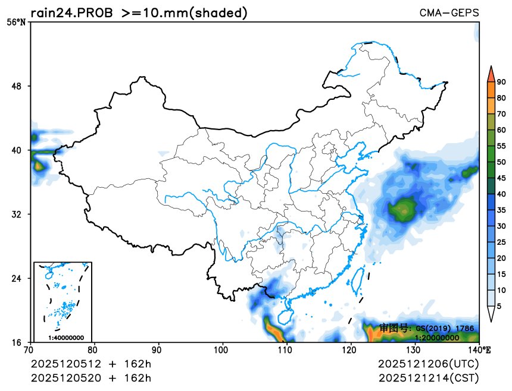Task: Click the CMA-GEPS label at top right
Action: pyautogui.click(x=449, y=12)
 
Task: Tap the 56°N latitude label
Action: pyautogui.click(x=17, y=22)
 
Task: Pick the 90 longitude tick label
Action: pyautogui.click(x=158, y=351)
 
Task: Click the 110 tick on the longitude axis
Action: pyautogui.click(x=287, y=351)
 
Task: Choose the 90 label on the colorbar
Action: pyautogui.click(x=501, y=82)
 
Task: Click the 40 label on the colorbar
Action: pyautogui.click(x=501, y=194)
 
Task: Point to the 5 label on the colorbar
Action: pyautogui.click(x=499, y=306)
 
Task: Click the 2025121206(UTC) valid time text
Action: pyautogui.click(x=428, y=363)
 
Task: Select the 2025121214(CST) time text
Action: pyautogui.click(x=428, y=378)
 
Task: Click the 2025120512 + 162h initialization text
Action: pyautogui.click(x=91, y=363)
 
